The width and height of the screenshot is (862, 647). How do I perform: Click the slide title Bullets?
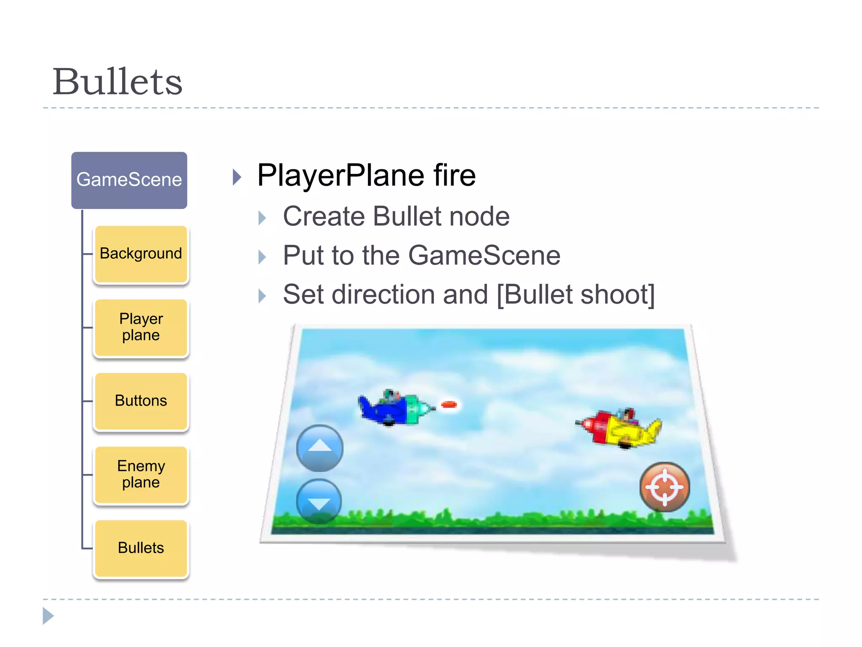[117, 82]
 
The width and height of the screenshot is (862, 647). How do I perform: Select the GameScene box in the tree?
[129, 180]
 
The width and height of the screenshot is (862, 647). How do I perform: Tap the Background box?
[141, 254]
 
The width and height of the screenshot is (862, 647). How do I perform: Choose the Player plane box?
[141, 327]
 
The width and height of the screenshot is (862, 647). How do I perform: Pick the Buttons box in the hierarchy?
[141, 401]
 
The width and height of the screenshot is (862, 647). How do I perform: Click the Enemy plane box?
[141, 474]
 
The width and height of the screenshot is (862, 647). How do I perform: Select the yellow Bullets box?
[141, 548]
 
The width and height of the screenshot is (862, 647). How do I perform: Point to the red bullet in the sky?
[449, 405]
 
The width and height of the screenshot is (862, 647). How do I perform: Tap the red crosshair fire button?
[665, 487]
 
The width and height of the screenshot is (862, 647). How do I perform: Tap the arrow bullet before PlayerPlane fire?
[237, 177]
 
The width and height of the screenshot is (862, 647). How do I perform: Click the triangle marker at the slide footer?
[48, 616]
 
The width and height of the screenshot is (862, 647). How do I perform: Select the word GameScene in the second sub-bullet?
[484, 256]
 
